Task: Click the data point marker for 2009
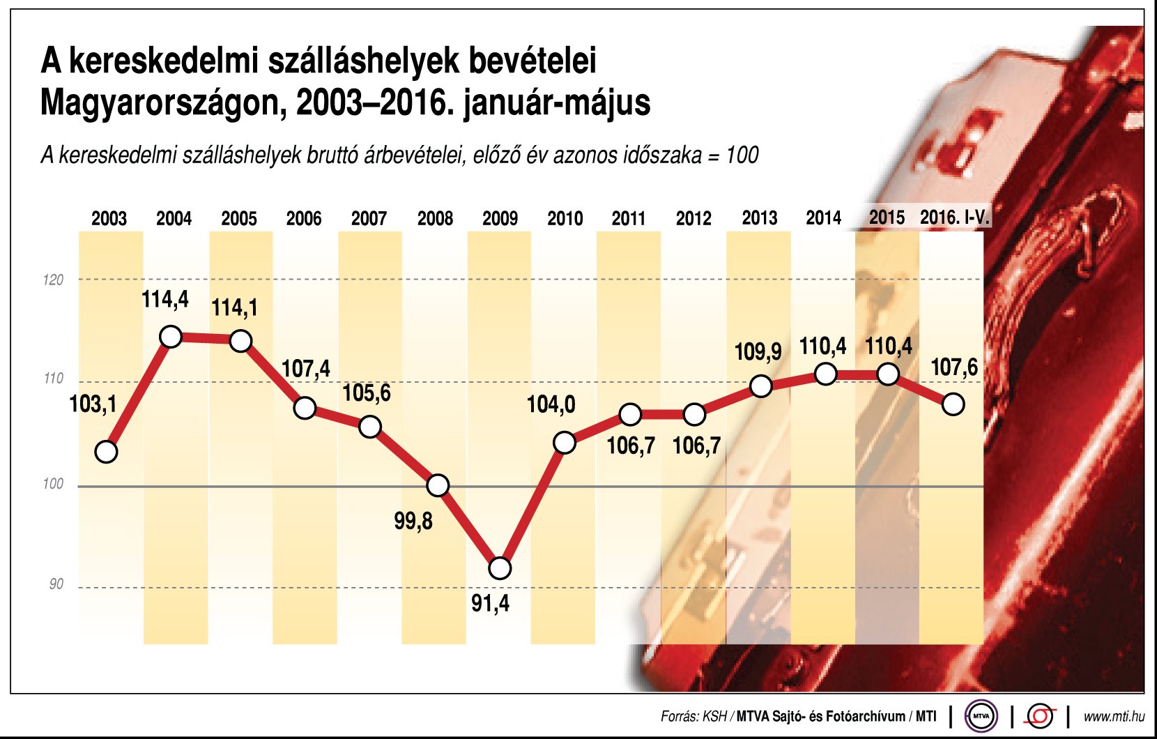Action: (x=500, y=568)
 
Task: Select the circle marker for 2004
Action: (x=171, y=337)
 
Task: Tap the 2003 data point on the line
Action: (x=106, y=452)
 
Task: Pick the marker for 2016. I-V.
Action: (x=953, y=404)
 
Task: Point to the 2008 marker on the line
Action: (x=438, y=485)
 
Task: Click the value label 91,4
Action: (x=490, y=603)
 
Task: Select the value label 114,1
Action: (x=234, y=307)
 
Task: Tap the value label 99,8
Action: (x=413, y=521)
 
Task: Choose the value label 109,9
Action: (x=758, y=351)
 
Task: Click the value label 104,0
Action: (x=551, y=404)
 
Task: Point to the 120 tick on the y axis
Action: (x=53, y=280)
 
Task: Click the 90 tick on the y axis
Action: (x=56, y=584)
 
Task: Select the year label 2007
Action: (x=369, y=219)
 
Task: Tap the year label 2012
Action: (x=694, y=219)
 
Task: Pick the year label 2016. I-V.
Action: (x=954, y=218)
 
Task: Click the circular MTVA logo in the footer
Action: (x=981, y=716)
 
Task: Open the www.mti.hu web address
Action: (x=1114, y=716)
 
